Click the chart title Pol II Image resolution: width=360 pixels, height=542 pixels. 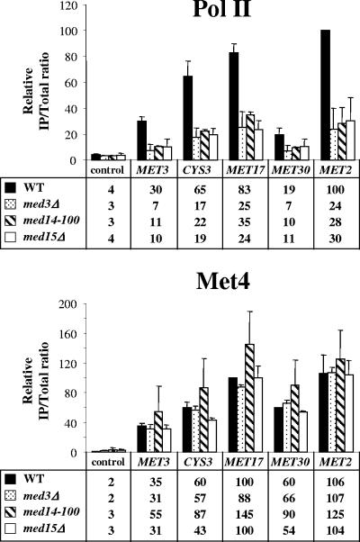click(x=221, y=8)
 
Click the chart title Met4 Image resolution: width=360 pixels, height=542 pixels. click(x=223, y=282)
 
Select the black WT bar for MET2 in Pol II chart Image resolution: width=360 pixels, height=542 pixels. click(x=325, y=95)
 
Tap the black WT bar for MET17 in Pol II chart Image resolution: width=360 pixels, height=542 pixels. click(x=233, y=106)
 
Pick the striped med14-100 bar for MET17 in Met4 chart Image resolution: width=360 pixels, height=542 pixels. click(x=248, y=398)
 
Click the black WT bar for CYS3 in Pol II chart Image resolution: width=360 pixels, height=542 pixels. click(x=187, y=118)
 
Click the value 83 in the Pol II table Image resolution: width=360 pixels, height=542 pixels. click(x=244, y=190)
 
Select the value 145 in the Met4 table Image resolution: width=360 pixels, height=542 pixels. click(x=244, y=514)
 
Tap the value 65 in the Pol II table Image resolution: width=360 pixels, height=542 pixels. click(x=200, y=190)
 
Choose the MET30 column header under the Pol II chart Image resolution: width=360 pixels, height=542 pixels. click(x=291, y=170)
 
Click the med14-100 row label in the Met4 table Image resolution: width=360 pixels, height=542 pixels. click(x=51, y=511)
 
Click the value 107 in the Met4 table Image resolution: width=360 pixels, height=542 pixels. click(x=335, y=498)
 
